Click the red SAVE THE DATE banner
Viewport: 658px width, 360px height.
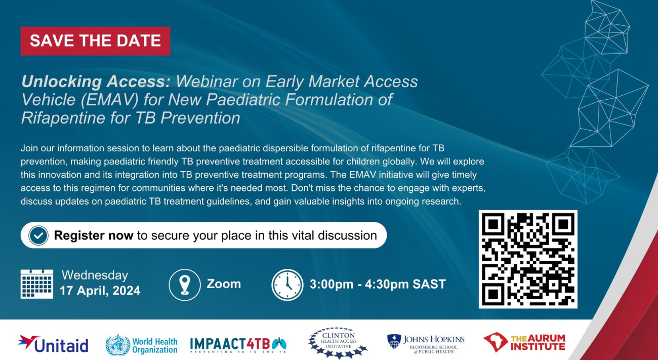pos(95,41)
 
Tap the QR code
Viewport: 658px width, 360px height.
pos(528,259)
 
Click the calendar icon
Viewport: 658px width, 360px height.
pos(37,284)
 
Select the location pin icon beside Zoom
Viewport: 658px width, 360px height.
pos(185,285)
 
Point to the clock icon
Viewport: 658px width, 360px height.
pos(287,285)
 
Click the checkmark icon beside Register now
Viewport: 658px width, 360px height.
pos(38,235)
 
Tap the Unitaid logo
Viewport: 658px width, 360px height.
pos(54,344)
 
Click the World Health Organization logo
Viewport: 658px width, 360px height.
pos(141,345)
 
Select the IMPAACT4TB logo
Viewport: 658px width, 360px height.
pos(238,345)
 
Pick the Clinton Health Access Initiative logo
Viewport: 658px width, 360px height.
pos(338,343)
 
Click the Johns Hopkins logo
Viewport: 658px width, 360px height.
pos(426,343)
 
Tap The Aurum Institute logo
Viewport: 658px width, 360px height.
pos(524,343)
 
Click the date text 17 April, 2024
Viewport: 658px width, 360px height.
pos(100,291)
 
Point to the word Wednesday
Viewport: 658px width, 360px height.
pos(95,275)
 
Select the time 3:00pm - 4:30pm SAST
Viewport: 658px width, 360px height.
pos(378,284)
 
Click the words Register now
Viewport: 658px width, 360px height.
pos(94,235)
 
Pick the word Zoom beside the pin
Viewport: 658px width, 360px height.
pos(224,284)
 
